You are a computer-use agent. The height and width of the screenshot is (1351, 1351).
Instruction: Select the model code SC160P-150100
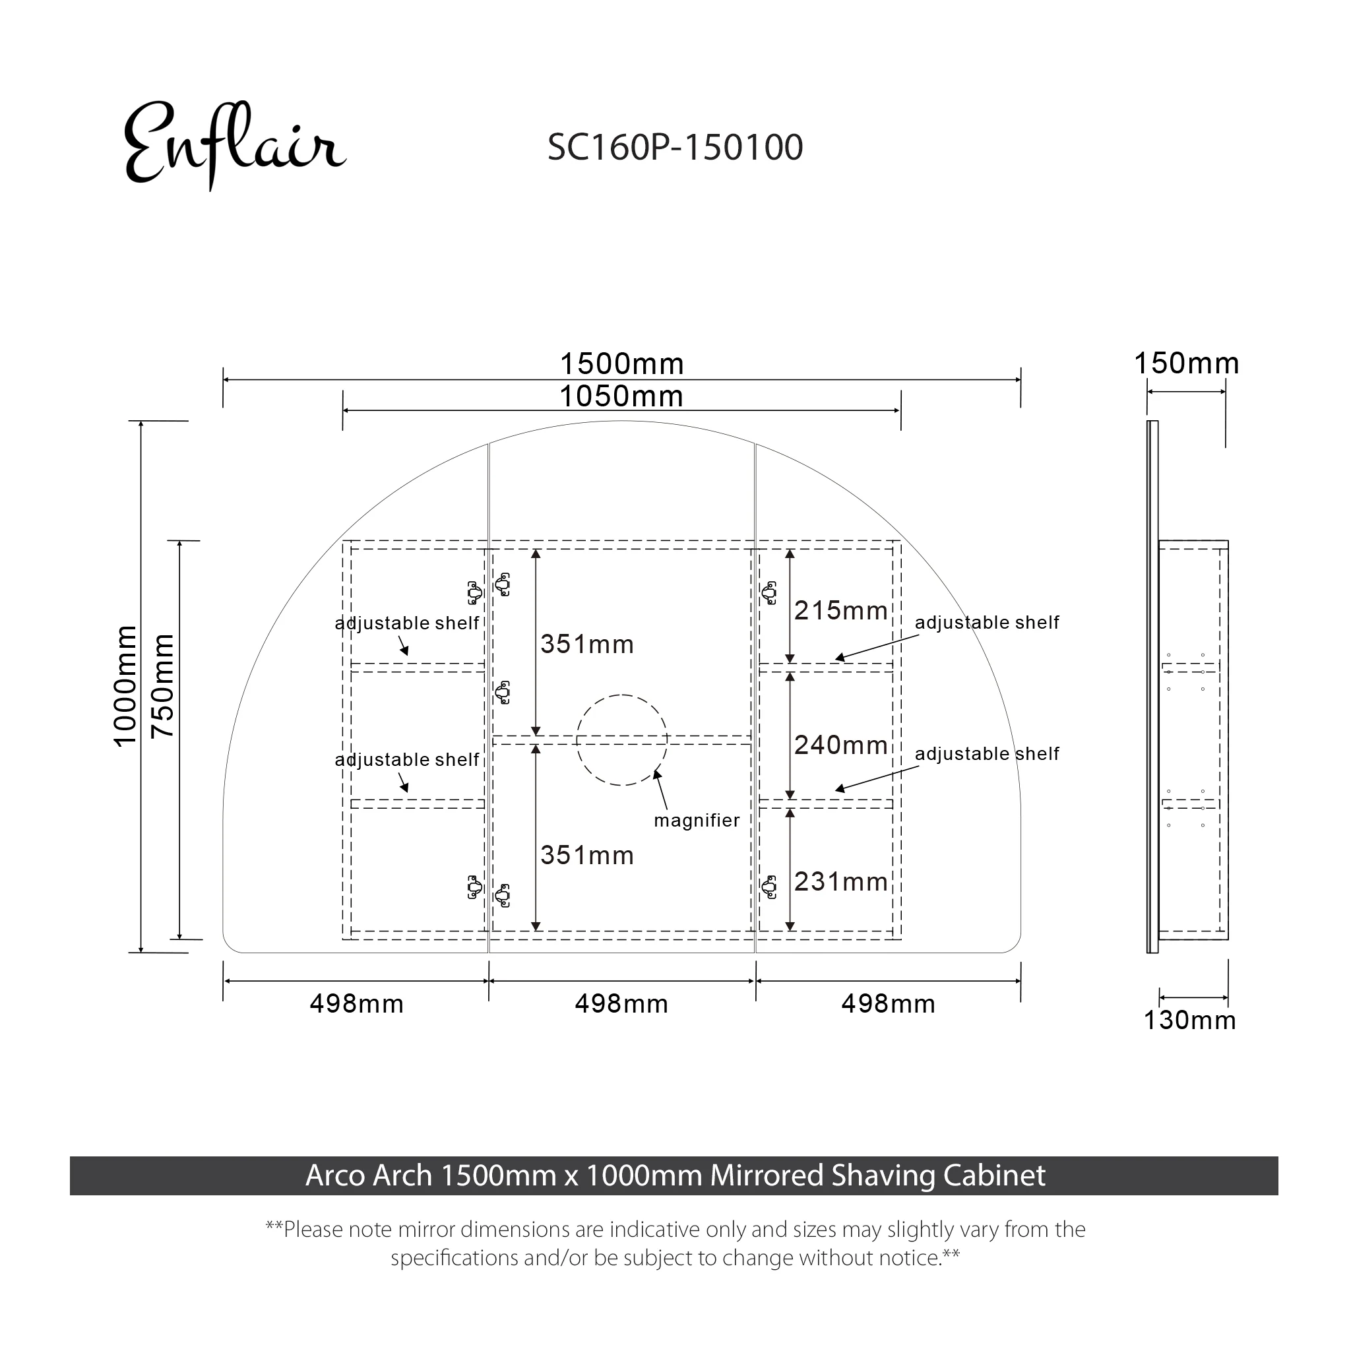[x=675, y=148]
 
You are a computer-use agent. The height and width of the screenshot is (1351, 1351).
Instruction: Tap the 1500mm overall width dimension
[x=621, y=364]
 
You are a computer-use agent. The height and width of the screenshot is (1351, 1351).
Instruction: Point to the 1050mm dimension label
[x=621, y=397]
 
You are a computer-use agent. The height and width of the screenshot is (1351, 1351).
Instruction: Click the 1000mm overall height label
[x=125, y=687]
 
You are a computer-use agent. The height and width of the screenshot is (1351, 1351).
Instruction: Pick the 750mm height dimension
[x=163, y=687]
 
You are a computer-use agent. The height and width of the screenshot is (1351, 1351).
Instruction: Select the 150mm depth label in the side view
[x=1186, y=363]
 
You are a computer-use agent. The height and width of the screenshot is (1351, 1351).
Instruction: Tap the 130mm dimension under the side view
[x=1189, y=1021]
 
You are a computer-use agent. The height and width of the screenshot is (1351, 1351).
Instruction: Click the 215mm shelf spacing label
[x=840, y=611]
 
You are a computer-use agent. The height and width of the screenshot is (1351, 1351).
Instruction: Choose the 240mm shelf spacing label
[x=840, y=745]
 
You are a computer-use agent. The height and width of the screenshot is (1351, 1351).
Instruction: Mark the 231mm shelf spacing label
[x=840, y=882]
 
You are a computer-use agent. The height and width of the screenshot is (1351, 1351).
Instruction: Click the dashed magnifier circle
[x=621, y=740]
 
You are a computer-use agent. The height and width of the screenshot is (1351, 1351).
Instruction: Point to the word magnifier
[x=697, y=820]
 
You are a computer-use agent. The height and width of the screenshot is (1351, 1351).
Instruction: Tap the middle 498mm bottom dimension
[x=621, y=1004]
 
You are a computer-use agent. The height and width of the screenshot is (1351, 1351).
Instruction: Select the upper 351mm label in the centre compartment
[x=586, y=644]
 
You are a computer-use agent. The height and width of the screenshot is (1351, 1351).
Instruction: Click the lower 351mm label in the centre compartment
[x=586, y=856]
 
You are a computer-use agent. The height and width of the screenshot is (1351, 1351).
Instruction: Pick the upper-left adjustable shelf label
[x=407, y=623]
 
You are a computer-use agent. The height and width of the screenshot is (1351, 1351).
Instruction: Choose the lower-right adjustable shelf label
[x=987, y=754]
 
